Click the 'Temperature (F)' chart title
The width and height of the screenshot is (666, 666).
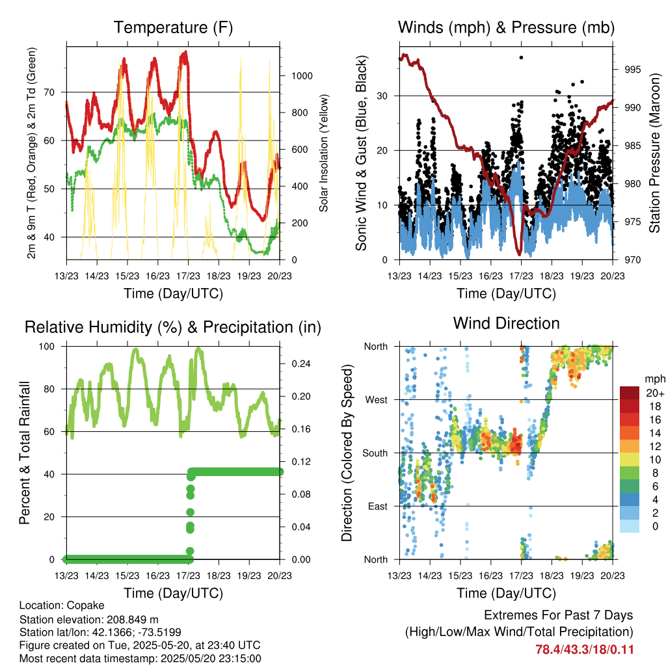tap(173, 27)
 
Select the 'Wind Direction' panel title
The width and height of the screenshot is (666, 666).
tap(506, 323)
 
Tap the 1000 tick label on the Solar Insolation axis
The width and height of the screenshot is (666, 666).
tap(302, 76)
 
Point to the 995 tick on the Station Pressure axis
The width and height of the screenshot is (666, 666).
tap(632, 69)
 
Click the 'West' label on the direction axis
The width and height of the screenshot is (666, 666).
tap(377, 400)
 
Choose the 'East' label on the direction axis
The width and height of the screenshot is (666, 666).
tap(378, 506)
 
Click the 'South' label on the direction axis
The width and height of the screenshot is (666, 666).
tap(375, 453)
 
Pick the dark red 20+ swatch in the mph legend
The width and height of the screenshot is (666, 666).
tap(630, 393)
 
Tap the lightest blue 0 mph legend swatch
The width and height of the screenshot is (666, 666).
tap(630, 526)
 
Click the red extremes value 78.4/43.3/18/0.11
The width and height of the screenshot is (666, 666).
tap(585, 650)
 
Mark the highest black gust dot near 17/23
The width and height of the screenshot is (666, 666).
tap(521, 57)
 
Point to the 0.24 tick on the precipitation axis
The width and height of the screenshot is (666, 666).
tap(301, 364)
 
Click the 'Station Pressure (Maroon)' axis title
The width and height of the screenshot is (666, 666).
tap(654, 153)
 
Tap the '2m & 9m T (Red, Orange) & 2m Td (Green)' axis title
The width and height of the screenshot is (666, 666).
tap(31, 153)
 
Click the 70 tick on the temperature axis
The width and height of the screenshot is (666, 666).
tap(49, 92)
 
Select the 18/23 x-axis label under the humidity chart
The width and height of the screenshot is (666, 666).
tap(219, 576)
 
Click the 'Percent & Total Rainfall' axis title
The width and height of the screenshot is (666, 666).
tap(25, 453)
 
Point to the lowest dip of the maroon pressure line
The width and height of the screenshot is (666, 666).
tap(519, 254)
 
